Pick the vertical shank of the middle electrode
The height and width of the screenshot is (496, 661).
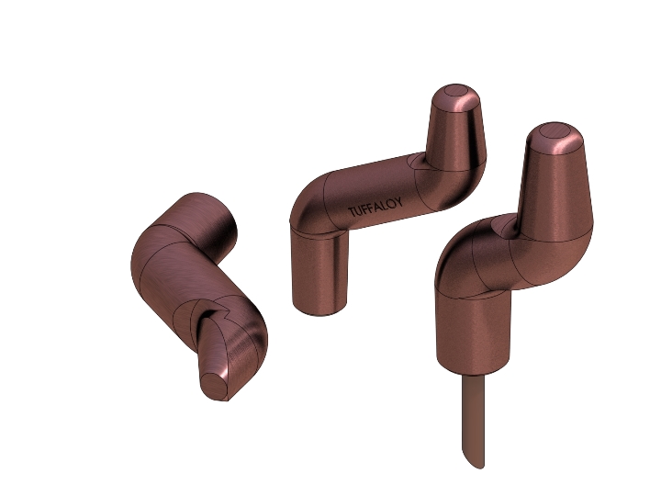pos(320,271)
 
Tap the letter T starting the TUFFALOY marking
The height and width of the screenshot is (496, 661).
pos(351,213)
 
